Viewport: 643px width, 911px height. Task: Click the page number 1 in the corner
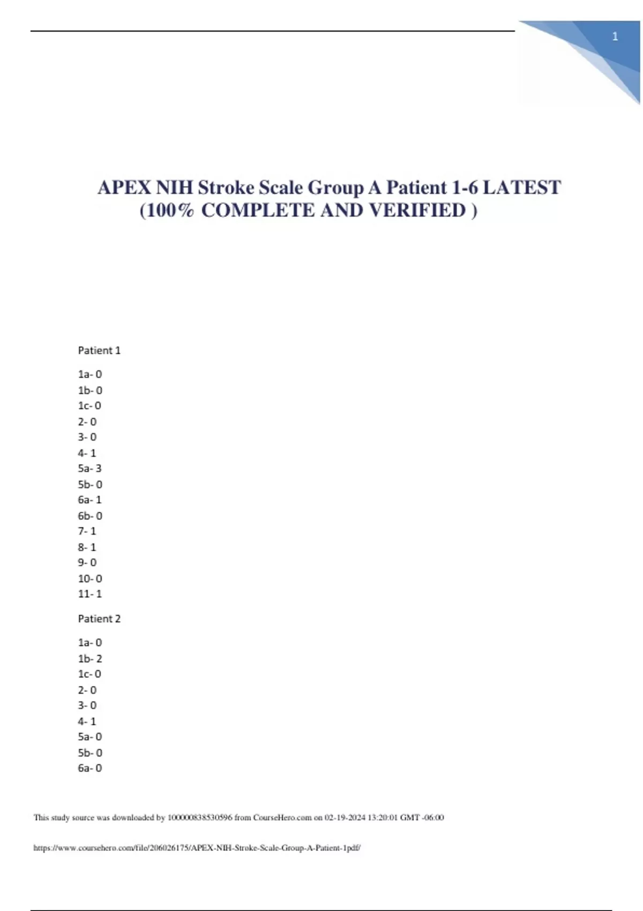coord(615,36)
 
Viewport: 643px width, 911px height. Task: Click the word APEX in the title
coord(124,188)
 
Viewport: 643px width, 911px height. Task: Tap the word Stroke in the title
coord(226,188)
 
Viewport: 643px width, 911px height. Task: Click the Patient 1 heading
coord(99,350)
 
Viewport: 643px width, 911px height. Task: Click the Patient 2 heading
coord(99,619)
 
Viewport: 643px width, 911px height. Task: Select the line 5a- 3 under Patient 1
coord(89,468)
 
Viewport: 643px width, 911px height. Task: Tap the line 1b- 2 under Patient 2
coord(90,659)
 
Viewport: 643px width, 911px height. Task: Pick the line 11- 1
coord(90,594)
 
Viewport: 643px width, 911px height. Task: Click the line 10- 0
coord(90,579)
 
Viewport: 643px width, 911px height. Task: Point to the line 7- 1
coord(87,531)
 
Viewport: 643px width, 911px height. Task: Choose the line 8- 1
coord(87,547)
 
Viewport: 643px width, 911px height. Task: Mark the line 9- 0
coord(87,563)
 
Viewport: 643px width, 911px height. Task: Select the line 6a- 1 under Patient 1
coord(89,499)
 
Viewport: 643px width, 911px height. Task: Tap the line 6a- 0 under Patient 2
coord(89,768)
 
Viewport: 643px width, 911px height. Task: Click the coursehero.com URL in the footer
coord(197,848)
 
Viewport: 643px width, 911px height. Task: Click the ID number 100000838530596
coord(200,818)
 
